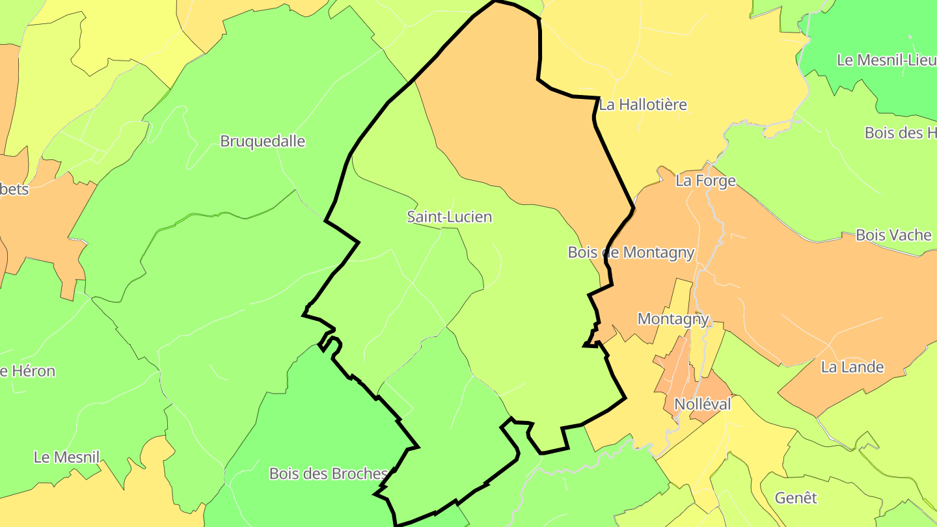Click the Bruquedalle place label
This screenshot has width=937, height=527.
coord(262,141)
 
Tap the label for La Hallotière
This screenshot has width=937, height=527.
coord(642,105)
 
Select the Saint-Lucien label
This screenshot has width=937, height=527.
coord(449,217)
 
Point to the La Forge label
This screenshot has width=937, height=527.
coord(705,181)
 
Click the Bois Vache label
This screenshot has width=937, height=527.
coord(893,235)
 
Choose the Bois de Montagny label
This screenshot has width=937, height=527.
coord(631,252)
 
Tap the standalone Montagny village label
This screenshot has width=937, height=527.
coord(673,319)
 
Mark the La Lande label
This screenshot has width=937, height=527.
coord(852,367)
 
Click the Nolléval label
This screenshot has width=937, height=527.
coord(702,404)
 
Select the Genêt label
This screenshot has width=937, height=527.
coord(795,498)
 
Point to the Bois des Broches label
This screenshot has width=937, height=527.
coord(328,474)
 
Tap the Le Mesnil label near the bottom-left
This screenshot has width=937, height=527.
coord(66,457)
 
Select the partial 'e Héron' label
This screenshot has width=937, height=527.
coord(27,372)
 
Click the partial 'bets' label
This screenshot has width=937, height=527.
coord(14,189)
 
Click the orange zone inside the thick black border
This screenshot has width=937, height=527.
coord(514,117)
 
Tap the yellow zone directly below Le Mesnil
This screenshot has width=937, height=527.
coord(72,501)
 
